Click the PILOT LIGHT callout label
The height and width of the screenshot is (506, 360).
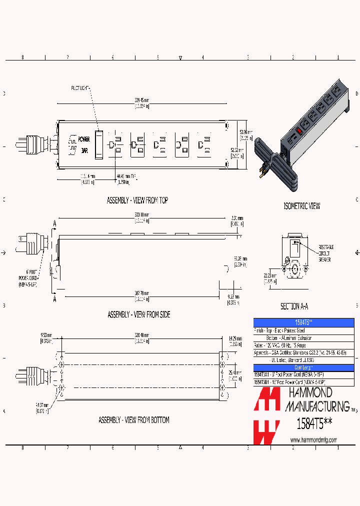tap(78, 88)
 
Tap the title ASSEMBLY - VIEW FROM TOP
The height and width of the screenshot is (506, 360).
tap(137, 200)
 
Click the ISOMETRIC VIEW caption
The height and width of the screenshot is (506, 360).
tap(301, 206)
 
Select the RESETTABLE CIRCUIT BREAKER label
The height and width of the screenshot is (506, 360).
tap(325, 253)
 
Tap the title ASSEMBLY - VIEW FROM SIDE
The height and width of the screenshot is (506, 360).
tap(138, 314)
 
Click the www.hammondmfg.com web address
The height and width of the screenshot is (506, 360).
tap(313, 440)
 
